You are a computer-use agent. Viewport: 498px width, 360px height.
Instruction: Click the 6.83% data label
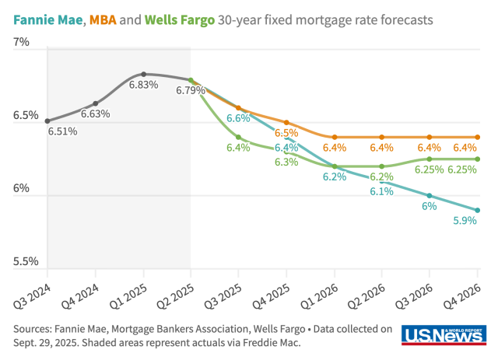point(143,85)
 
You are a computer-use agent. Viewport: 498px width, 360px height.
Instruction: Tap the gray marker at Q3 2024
point(47,121)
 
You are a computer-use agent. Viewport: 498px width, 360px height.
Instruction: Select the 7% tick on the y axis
point(21,43)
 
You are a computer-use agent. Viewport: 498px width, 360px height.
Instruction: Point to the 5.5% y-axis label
point(26,262)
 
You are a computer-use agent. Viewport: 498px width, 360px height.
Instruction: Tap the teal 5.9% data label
point(465,221)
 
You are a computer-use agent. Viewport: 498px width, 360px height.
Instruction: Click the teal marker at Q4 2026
point(477,210)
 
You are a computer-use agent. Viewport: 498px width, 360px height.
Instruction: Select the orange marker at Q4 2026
point(477,137)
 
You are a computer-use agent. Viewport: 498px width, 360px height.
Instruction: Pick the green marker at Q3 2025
point(239,137)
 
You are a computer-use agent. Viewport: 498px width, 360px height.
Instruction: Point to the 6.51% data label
point(63,131)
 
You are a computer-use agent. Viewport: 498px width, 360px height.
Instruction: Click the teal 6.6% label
point(238,119)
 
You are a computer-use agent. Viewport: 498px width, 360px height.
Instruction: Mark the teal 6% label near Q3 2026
point(429,206)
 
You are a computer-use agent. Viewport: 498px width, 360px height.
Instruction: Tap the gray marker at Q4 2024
point(96,103)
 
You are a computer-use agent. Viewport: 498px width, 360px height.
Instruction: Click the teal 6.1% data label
point(381,191)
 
